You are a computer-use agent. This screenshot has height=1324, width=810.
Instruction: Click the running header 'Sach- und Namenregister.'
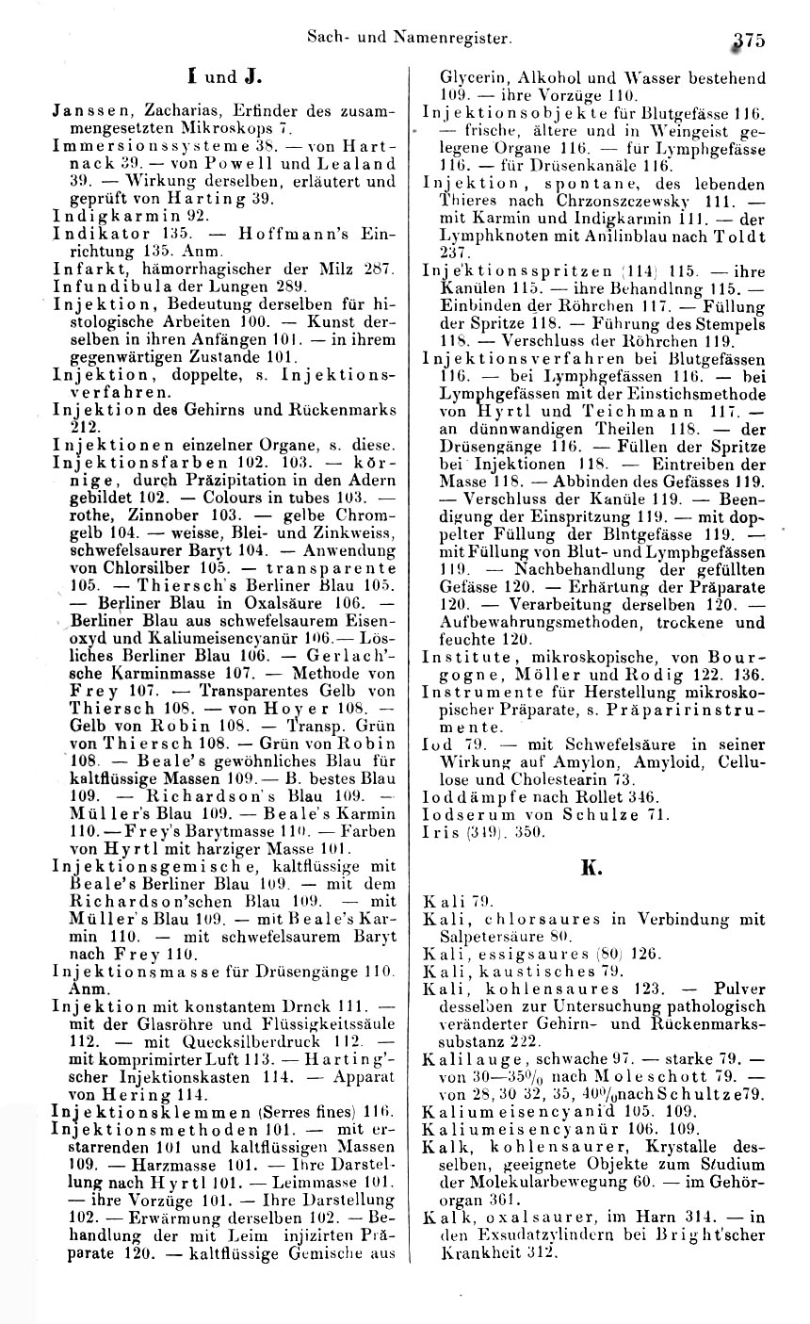tap(410, 40)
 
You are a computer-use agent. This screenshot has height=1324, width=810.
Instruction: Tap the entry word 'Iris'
tap(438, 828)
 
